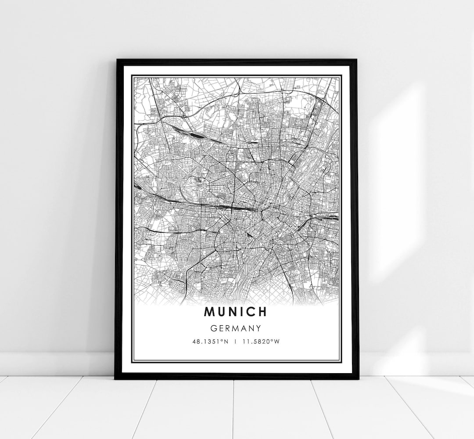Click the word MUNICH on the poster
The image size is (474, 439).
pos(235,312)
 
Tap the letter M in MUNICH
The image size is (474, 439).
pos(209,312)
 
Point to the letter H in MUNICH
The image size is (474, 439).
pos(262,312)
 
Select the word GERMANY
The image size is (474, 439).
pos(236,328)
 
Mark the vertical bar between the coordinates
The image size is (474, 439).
pos(236,341)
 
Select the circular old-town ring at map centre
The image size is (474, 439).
pos(268,215)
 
